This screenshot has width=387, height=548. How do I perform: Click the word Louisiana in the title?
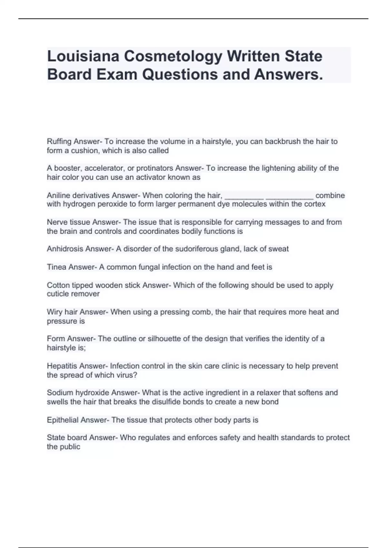tap(83, 56)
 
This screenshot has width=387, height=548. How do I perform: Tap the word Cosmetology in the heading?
tap(173, 57)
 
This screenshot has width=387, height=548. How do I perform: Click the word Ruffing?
tap(59, 142)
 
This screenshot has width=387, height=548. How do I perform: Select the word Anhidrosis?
tap(63, 249)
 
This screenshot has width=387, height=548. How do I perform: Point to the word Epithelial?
tap(63, 420)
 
